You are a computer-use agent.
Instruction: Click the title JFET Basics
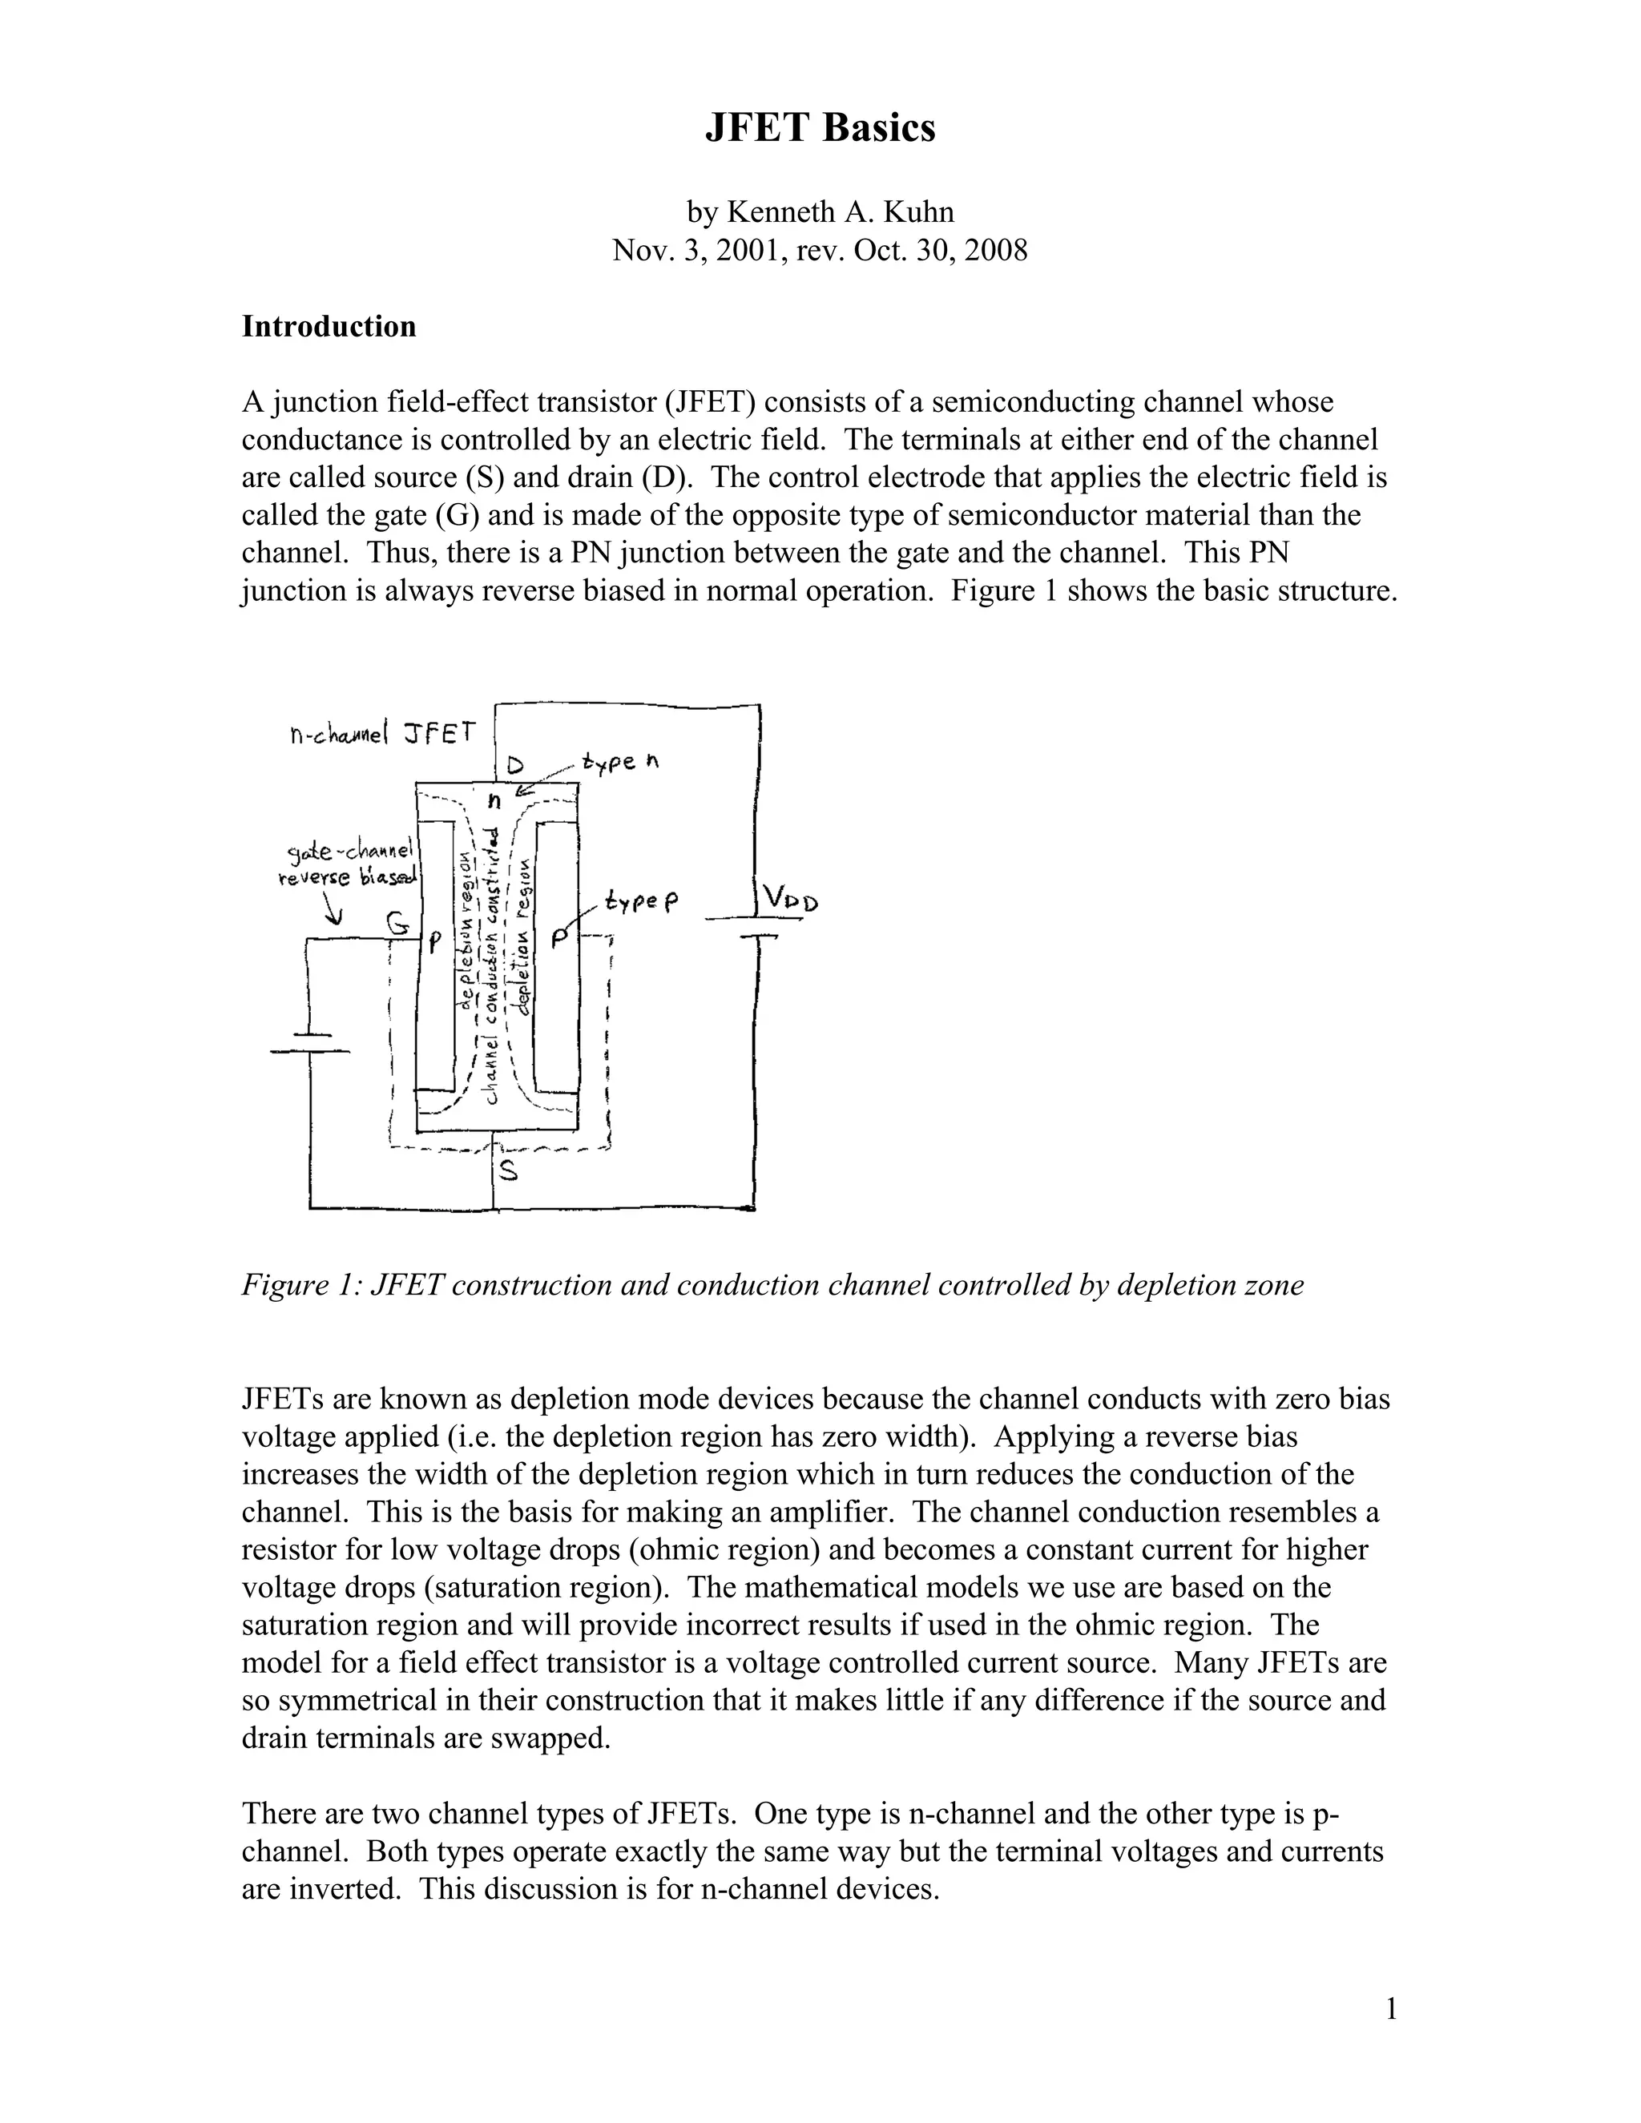coord(820,128)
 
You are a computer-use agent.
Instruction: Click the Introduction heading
coord(329,327)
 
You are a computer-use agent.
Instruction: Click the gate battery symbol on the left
coord(309,1044)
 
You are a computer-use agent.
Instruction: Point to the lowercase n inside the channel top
coord(494,801)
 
